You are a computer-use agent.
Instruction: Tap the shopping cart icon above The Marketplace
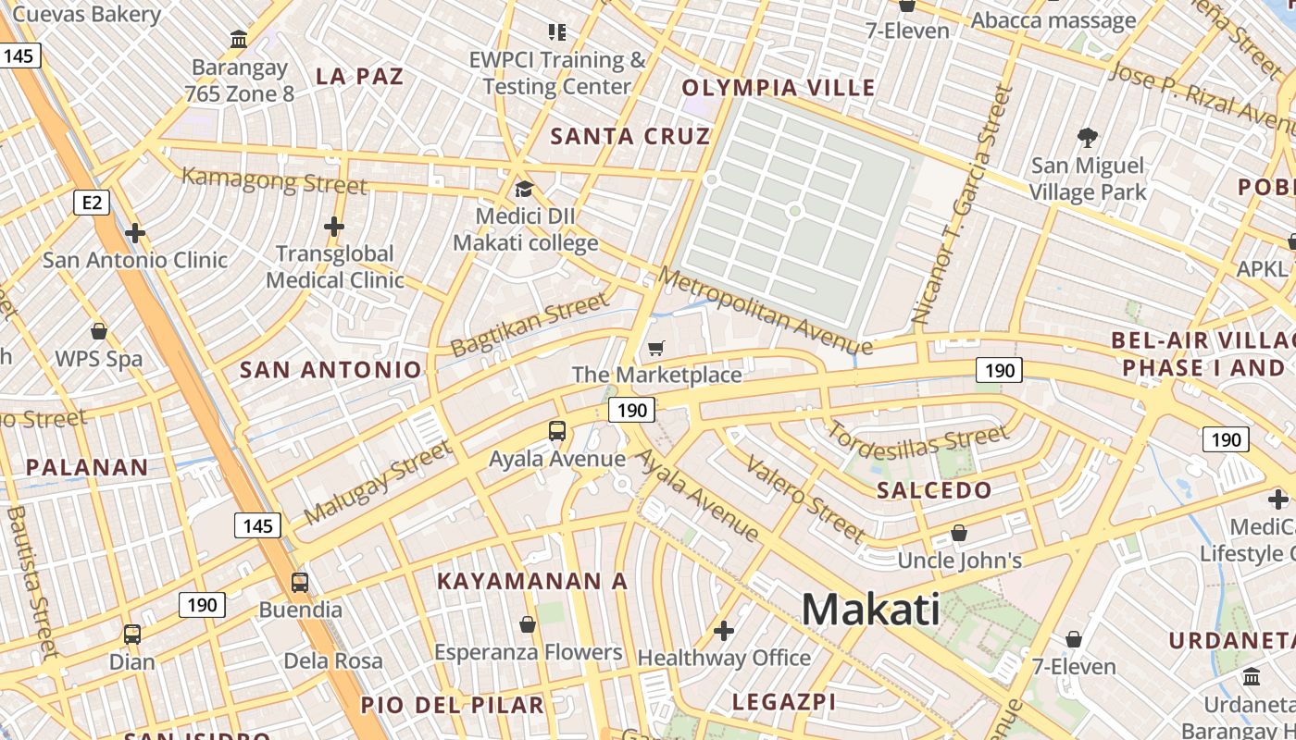[655, 349]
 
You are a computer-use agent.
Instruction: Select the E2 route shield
[91, 202]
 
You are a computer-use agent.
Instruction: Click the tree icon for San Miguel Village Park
[1088, 139]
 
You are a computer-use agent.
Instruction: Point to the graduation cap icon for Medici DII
[525, 190]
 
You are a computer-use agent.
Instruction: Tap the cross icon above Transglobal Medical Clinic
[334, 227]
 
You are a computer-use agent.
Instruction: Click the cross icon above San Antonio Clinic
[135, 233]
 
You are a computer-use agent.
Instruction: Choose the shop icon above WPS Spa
[99, 331]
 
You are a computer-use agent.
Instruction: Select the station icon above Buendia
[300, 583]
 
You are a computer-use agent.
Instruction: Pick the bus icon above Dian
[132, 635]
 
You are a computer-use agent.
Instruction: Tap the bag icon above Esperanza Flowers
[528, 624]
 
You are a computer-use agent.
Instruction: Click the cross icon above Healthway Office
[724, 631]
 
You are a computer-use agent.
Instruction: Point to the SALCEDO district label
[934, 490]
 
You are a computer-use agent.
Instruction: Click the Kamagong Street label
[274, 180]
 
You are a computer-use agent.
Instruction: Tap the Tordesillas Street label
[916, 444]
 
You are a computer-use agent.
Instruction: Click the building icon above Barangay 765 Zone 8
[239, 40]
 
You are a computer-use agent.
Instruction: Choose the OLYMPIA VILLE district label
[779, 88]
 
